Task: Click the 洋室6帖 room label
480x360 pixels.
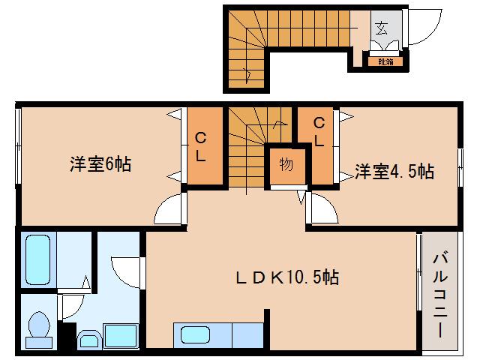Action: coord(101,164)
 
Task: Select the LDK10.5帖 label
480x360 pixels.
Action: coord(284,277)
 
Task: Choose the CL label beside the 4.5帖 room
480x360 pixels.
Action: coord(319,132)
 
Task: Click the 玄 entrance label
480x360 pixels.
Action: coord(381,29)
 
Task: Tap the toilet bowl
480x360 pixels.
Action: coord(38,328)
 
